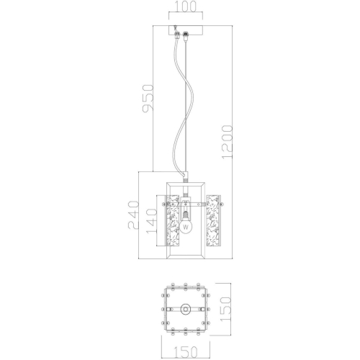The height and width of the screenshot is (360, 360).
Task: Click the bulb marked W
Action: tap(186, 226)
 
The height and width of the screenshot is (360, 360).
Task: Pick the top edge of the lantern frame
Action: tap(186, 184)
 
